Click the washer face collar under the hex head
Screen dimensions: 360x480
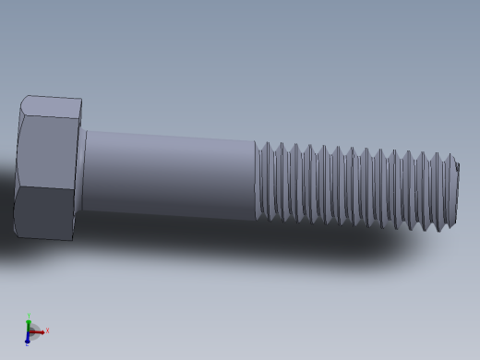click(81, 170)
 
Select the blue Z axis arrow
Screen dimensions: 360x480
click(28, 339)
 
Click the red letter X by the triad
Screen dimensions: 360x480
click(47, 330)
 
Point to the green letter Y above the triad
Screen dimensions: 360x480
click(29, 315)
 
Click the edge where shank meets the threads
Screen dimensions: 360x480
click(256, 180)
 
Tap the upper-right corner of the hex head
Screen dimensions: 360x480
click(80, 101)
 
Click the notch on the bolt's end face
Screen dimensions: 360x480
click(457, 167)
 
